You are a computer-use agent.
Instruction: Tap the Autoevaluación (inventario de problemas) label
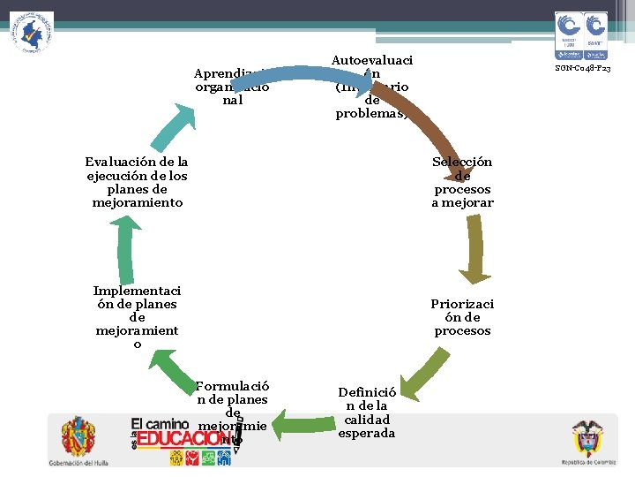tap(371, 87)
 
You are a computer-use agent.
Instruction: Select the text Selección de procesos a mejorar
tap(462, 182)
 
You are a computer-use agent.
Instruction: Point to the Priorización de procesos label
tap(462, 317)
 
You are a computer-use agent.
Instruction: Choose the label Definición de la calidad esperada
tap(367, 413)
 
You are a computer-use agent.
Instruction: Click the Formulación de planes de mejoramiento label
tap(233, 412)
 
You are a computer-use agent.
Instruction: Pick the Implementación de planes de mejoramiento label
tap(137, 317)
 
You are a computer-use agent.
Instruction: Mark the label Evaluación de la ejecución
tap(137, 182)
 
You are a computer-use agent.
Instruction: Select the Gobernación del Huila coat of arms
tap(78, 437)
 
